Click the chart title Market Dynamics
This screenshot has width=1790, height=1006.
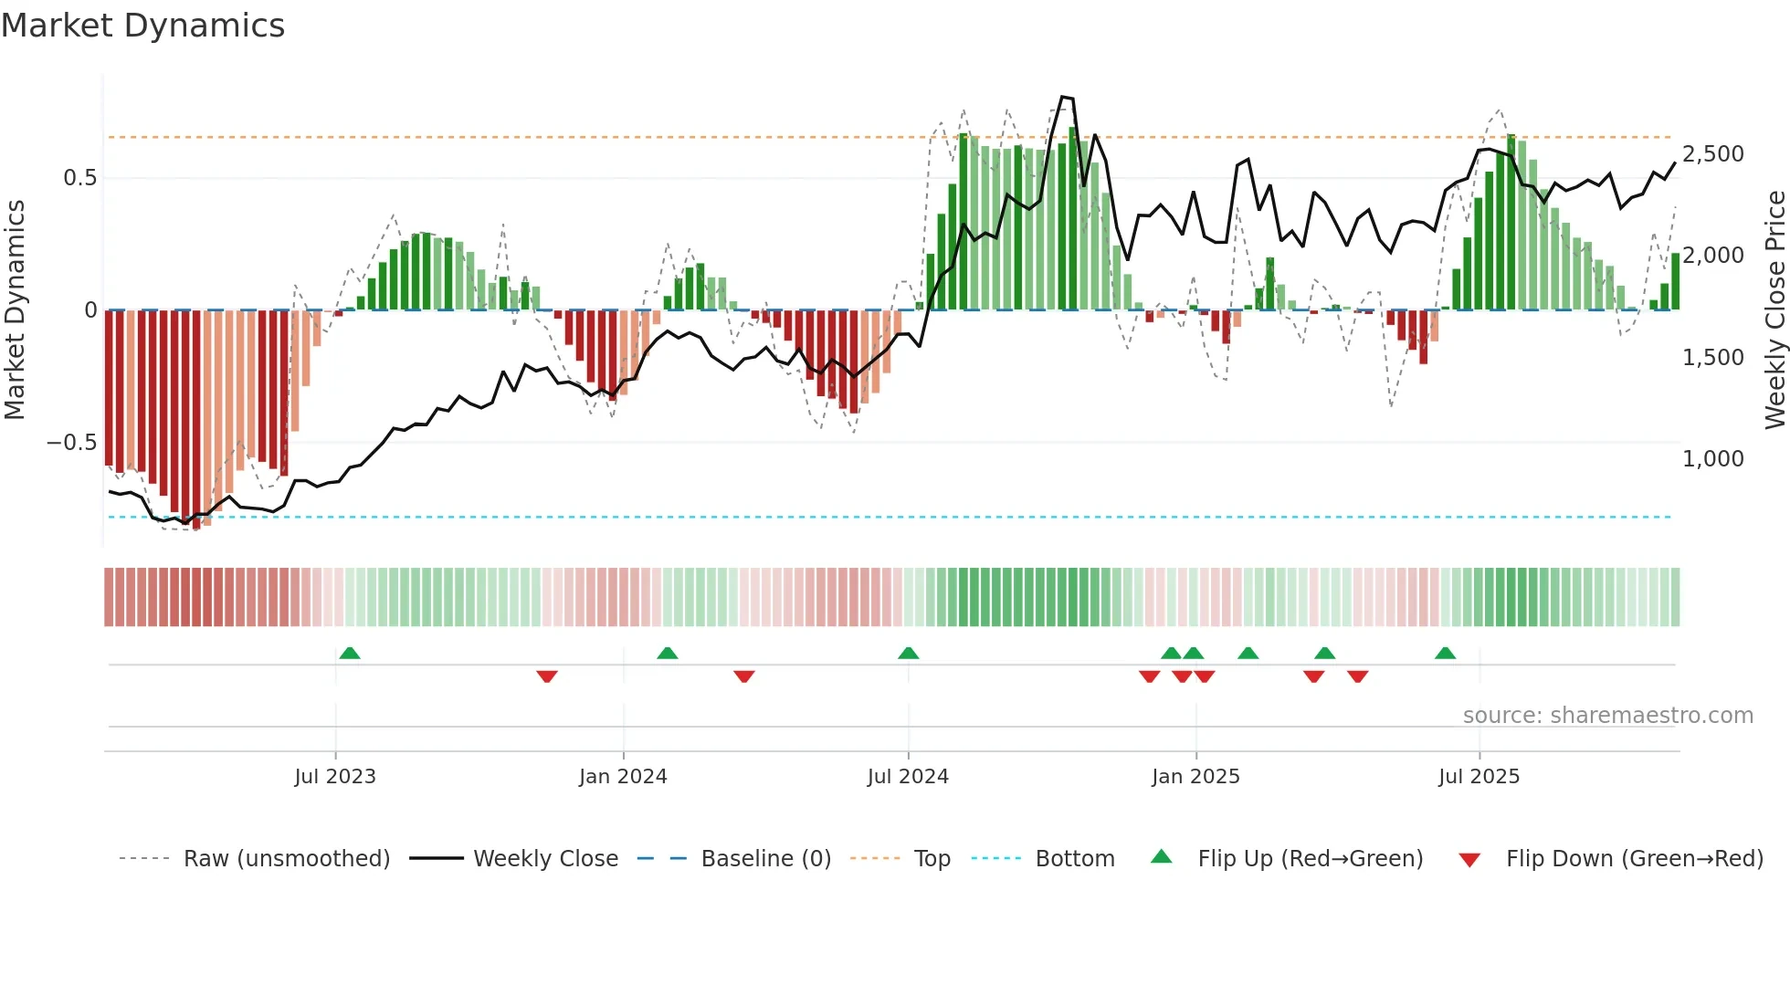pyautogui.click(x=143, y=26)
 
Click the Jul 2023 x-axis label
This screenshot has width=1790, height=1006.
pyautogui.click(x=335, y=777)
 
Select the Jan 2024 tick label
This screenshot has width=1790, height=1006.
pyautogui.click(x=623, y=777)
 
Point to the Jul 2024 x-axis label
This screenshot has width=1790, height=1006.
pyautogui.click(x=908, y=777)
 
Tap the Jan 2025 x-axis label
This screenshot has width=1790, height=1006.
pyautogui.click(x=1195, y=777)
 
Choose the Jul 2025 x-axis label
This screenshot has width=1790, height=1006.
pyautogui.click(x=1479, y=777)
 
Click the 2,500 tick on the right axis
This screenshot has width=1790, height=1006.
pyautogui.click(x=1713, y=154)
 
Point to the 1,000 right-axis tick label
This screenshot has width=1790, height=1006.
pyautogui.click(x=1713, y=459)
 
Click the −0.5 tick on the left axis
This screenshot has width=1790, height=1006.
pyautogui.click(x=71, y=443)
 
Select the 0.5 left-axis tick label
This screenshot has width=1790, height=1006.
pyautogui.click(x=79, y=178)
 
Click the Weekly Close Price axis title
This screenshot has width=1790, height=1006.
pyautogui.click(x=1774, y=310)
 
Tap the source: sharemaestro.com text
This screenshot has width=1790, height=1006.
pyautogui.click(x=1607, y=716)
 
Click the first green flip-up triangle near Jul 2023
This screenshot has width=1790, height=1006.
pyautogui.click(x=350, y=654)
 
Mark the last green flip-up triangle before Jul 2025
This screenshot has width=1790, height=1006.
pyautogui.click(x=1445, y=654)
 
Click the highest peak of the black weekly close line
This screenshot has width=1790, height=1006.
pyautogui.click(x=1062, y=97)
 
